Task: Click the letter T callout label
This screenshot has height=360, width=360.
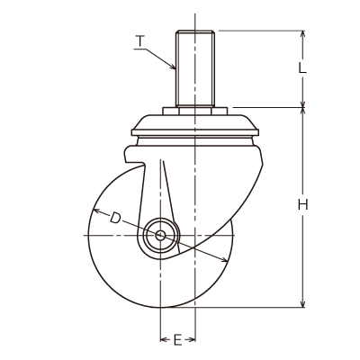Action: [140, 41]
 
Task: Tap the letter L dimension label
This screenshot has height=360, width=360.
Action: [302, 68]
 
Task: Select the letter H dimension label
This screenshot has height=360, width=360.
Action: [303, 205]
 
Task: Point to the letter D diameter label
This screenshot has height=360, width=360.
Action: [114, 218]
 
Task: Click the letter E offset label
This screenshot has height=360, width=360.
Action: [177, 340]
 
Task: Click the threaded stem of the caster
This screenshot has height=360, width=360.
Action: [195, 68]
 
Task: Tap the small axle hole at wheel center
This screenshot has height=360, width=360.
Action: [160, 235]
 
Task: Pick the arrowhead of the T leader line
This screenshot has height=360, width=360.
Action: [173, 67]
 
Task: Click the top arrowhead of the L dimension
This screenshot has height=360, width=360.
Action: [303, 34]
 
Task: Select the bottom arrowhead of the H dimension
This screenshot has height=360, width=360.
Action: [303, 303]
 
